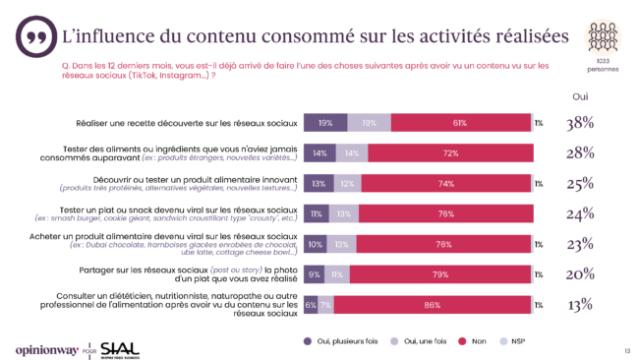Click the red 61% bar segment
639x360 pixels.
coord(460,123)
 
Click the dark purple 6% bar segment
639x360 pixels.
coord(311,306)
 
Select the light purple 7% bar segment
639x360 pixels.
coord(324,306)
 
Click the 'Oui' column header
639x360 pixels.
coord(580,96)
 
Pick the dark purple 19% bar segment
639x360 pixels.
coord(325,123)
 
